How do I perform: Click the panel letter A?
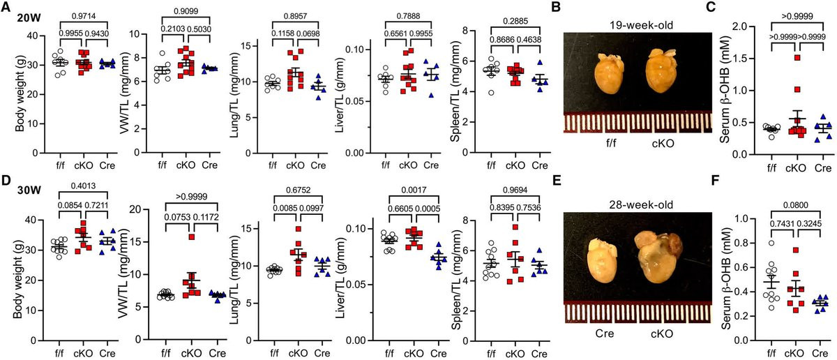7,8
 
